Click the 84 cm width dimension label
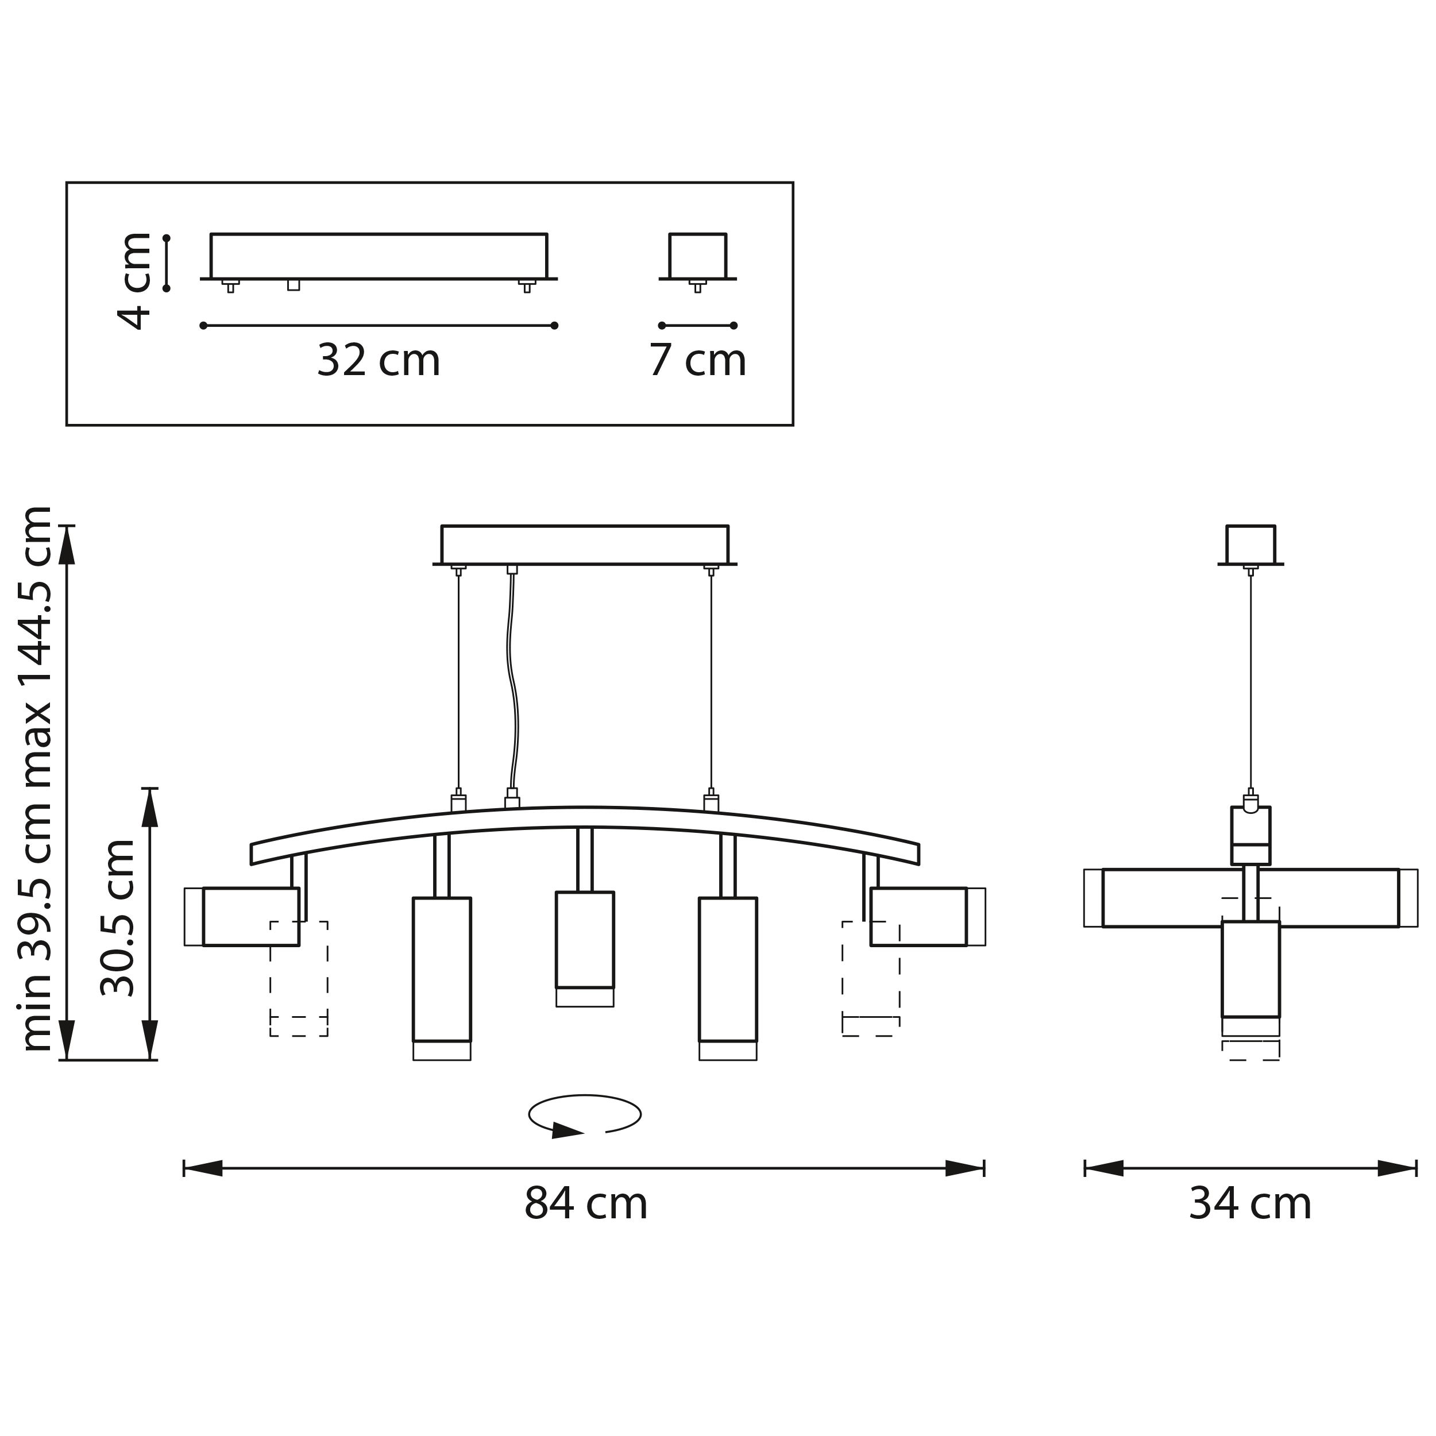coord(586,1204)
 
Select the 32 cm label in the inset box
coord(379,361)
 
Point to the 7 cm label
coord(697,361)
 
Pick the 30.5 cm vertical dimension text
coord(117,918)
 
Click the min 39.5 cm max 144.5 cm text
coord(34,778)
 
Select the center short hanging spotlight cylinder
coord(585,949)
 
